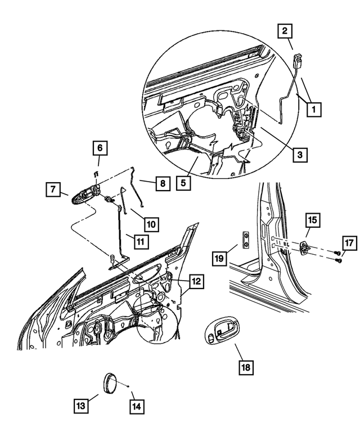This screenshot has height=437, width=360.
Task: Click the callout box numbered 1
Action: click(x=313, y=109)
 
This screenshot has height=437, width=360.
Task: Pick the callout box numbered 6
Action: click(x=100, y=148)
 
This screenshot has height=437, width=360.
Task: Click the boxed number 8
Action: click(x=161, y=183)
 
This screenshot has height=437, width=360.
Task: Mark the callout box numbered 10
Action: click(x=151, y=224)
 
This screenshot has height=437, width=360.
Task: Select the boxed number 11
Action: click(x=126, y=241)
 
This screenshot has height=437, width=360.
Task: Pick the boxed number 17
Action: click(x=349, y=243)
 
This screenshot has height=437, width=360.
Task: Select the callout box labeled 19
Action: click(x=220, y=258)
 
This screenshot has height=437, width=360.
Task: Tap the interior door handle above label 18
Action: click(x=222, y=332)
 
